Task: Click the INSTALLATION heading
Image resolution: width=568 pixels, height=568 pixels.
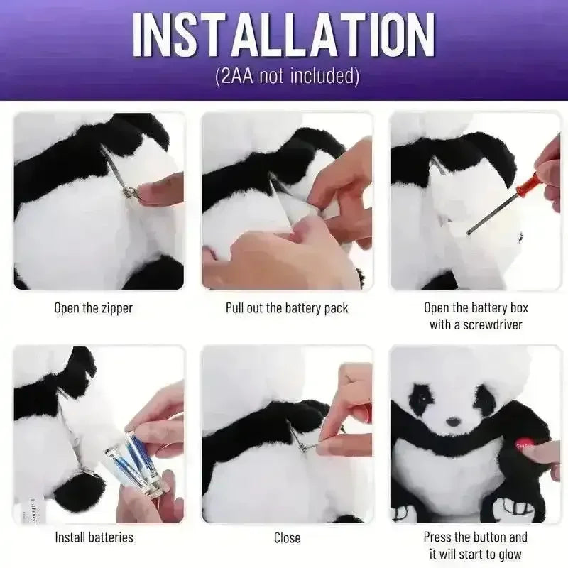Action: [x=283, y=35]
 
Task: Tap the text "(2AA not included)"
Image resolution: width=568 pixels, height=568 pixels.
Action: [x=287, y=76]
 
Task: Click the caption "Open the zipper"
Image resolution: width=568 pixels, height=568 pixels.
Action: [x=94, y=308]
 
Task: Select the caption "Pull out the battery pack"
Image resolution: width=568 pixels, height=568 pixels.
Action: [x=287, y=308]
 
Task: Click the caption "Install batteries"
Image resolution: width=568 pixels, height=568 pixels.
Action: [x=94, y=537]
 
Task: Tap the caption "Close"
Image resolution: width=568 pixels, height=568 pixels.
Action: [x=288, y=538]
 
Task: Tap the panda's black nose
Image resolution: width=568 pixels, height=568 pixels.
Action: [x=453, y=422]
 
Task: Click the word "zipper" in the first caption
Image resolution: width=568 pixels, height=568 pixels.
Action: [x=116, y=309]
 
